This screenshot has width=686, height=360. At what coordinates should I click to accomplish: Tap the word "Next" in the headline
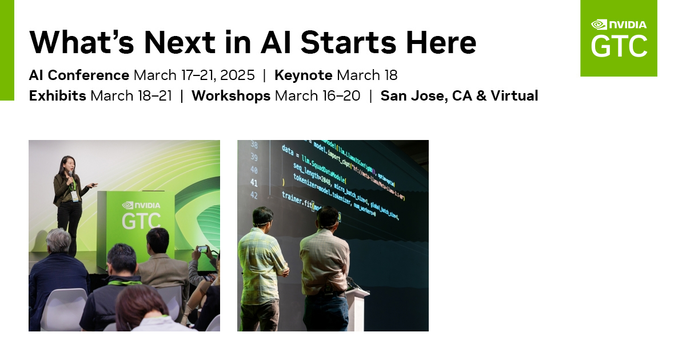pos(179,42)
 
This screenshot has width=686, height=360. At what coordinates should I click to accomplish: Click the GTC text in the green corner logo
pos(619,47)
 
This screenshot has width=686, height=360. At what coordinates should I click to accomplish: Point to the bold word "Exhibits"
pos(58,95)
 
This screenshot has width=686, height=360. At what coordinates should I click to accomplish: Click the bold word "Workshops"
pos(231,95)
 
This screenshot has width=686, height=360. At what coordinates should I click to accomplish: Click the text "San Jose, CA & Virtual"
pos(459,95)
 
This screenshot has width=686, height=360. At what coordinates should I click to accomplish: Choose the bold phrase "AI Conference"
pos(79,75)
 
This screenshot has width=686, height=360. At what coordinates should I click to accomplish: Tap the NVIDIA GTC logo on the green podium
pos(141,215)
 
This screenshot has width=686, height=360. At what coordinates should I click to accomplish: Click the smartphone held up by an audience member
pos(202,250)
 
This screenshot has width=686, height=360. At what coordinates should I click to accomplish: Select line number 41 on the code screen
pos(254,183)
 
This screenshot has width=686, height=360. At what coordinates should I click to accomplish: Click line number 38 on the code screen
pos(254,145)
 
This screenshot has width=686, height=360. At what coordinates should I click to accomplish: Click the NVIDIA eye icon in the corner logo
pos(599,25)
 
